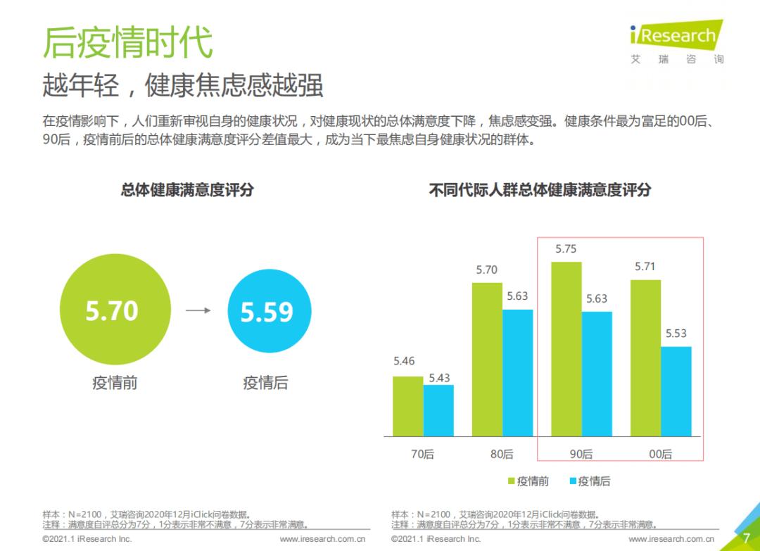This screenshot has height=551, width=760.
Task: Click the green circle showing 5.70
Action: pyautogui.click(x=115, y=309)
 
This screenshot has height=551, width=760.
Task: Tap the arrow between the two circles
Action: pyautogui.click(x=198, y=310)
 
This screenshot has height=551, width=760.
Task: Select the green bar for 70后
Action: pyautogui.click(x=407, y=406)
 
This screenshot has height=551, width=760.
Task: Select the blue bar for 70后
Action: pyautogui.click(x=438, y=410)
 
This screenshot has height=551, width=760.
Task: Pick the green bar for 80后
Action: pyautogui.click(x=487, y=359)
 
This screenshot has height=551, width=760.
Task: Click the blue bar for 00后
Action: pyautogui.click(x=676, y=391)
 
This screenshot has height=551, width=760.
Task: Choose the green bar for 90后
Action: pyautogui.click(x=566, y=349)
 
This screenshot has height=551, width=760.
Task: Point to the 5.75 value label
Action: pyautogui.click(x=566, y=249)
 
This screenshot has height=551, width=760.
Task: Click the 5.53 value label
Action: pyautogui.click(x=676, y=334)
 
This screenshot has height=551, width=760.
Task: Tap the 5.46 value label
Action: pyautogui.click(x=404, y=362)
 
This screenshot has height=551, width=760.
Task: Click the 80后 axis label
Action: pyautogui.click(x=502, y=455)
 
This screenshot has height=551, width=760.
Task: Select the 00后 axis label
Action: pyautogui.click(x=660, y=455)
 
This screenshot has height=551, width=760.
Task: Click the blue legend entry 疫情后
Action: pyautogui.click(x=590, y=481)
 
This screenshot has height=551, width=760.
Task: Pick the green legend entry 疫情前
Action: pyautogui.click(x=528, y=481)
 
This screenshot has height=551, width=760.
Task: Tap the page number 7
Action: pyautogui.click(x=746, y=538)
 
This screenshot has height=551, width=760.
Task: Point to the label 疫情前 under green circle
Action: pyautogui.click(x=115, y=384)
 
